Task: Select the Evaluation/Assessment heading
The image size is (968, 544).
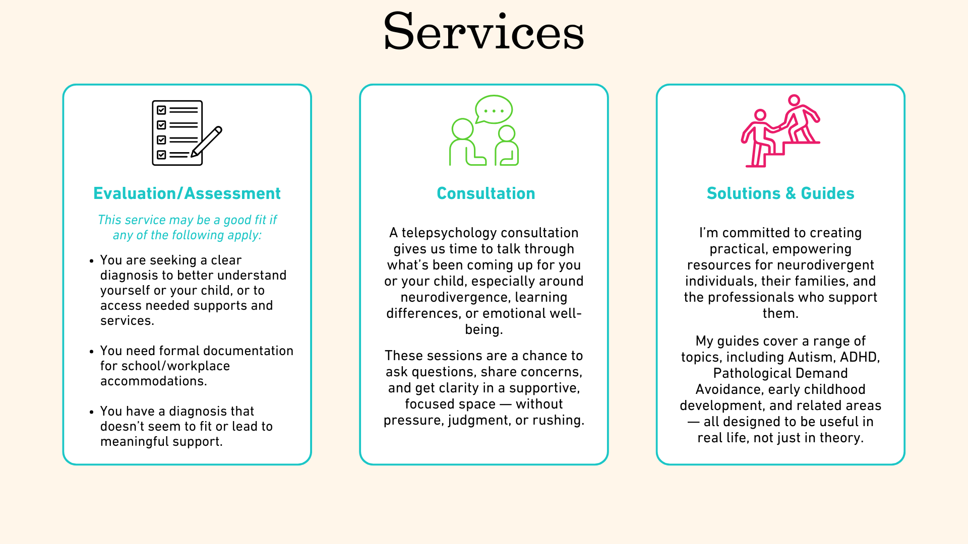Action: pos(187,193)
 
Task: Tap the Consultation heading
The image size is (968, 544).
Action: pos(486,193)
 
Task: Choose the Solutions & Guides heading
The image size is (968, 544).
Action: pos(780,193)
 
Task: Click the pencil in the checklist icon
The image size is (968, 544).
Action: pos(207,141)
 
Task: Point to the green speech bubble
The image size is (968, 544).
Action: pos(494,109)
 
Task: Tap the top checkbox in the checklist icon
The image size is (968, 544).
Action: pos(161,110)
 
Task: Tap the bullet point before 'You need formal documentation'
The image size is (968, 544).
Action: pos(91,352)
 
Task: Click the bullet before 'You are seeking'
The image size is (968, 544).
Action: pos(91,261)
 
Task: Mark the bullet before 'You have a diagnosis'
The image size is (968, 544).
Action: pos(91,412)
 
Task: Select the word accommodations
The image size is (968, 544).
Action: pos(153,381)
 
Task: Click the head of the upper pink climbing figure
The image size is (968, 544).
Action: pos(794,100)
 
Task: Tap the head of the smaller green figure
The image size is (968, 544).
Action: pos(506,133)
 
